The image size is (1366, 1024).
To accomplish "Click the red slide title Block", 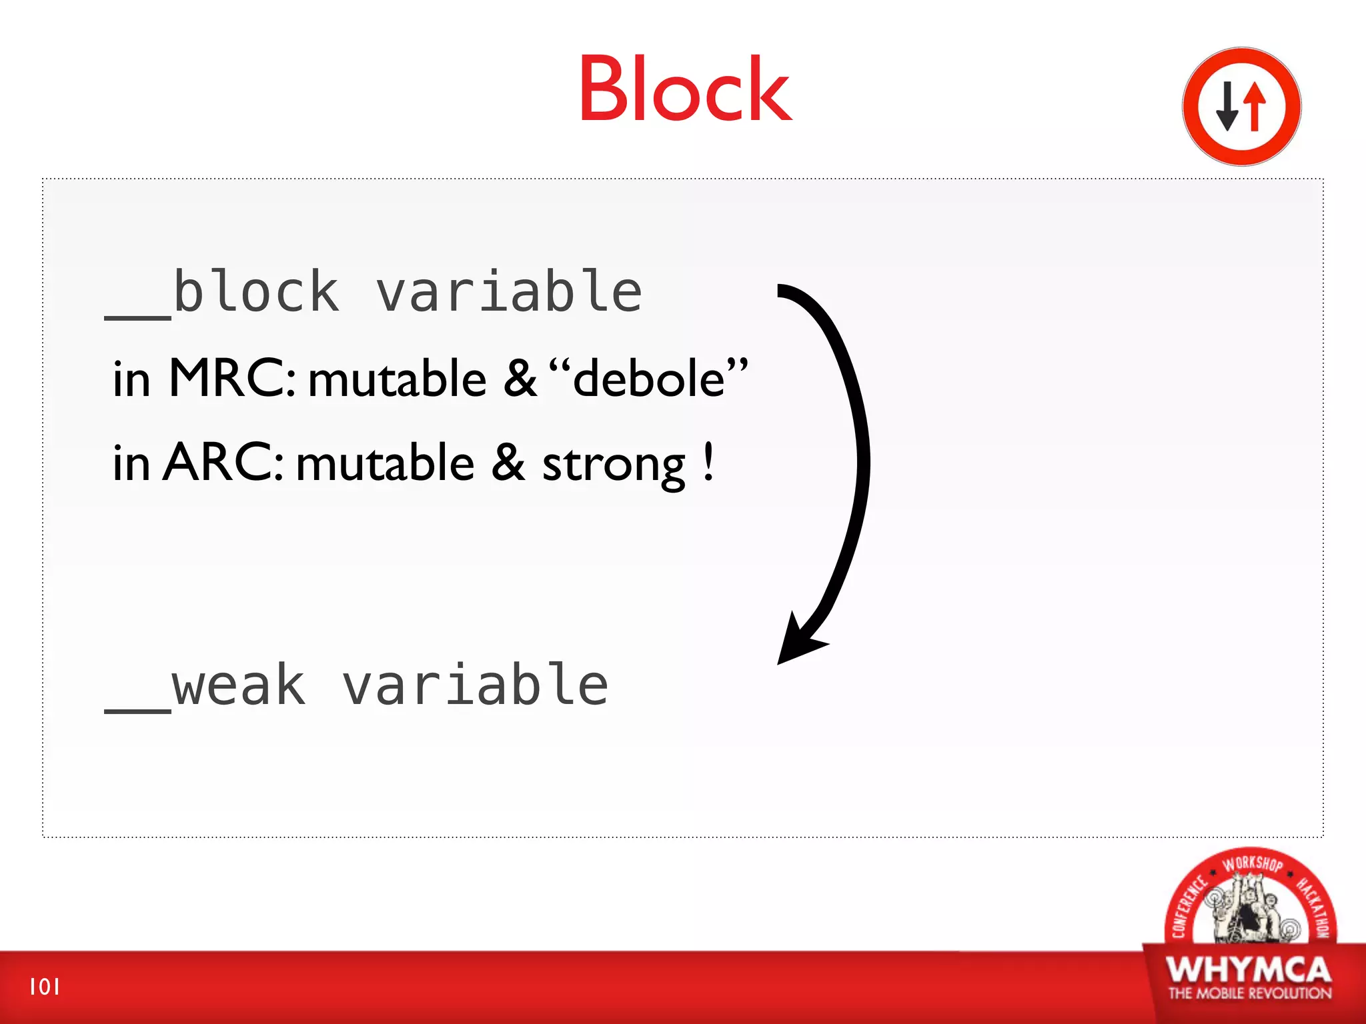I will click(x=685, y=90).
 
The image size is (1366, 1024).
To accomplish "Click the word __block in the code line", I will click(x=223, y=293).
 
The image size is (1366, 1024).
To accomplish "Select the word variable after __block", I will click(x=509, y=293).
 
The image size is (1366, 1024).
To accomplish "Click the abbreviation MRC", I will click(x=230, y=378).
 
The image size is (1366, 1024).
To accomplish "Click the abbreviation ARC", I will click(x=223, y=463).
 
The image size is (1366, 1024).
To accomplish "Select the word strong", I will click(x=613, y=465).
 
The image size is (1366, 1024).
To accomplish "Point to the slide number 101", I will click(x=45, y=987).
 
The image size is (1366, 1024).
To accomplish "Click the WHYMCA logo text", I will click(x=1249, y=969).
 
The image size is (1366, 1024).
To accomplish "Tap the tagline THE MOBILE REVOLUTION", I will click(x=1249, y=993).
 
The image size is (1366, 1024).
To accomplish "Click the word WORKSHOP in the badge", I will click(x=1252, y=863).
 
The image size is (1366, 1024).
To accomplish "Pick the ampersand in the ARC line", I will click(x=508, y=463).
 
